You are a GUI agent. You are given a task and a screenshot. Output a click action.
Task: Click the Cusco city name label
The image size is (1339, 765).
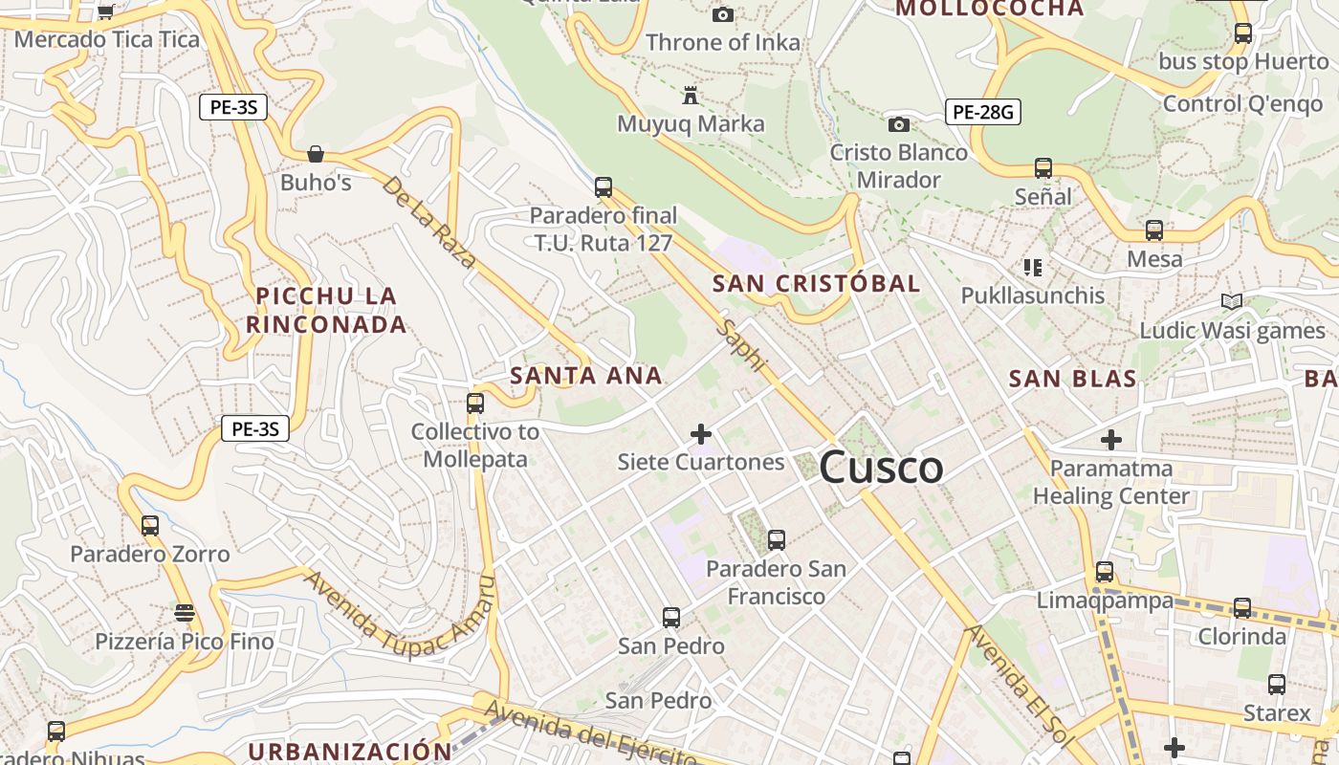[x=881, y=468]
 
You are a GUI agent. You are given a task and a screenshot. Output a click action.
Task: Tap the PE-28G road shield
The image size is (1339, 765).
[x=983, y=112]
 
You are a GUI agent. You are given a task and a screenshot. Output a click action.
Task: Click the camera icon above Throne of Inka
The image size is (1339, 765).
[x=723, y=14]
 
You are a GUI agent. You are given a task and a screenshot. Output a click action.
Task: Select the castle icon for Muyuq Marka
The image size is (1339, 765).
[x=690, y=95]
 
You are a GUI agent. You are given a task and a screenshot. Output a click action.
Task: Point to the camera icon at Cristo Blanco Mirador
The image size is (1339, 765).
[x=898, y=124]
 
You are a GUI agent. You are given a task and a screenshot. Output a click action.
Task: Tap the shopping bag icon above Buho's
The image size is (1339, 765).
[x=316, y=154]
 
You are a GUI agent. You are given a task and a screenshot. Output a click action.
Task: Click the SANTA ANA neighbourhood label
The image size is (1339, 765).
[x=586, y=376]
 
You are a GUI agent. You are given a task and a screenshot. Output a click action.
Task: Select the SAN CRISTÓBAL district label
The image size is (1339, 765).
[x=816, y=283]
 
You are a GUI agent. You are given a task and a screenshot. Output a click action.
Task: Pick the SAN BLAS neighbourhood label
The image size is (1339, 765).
[x=1073, y=379]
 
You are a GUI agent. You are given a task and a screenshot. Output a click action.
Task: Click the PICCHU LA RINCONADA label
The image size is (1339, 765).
[x=326, y=310]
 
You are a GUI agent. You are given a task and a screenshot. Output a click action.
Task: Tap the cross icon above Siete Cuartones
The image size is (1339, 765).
[x=701, y=434]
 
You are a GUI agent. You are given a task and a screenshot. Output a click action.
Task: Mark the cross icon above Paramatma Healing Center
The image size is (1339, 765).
[x=1110, y=440]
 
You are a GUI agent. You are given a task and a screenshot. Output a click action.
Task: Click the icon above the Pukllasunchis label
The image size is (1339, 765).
[x=1032, y=267]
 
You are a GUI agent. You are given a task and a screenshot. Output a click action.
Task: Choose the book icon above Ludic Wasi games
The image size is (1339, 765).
[x=1232, y=302]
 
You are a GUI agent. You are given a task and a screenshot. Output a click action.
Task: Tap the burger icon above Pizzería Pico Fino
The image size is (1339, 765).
[x=184, y=612]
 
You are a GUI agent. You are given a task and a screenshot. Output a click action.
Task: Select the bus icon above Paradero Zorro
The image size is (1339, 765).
[x=150, y=525]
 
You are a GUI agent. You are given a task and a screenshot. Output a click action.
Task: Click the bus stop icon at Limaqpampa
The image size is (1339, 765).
[x=1105, y=572]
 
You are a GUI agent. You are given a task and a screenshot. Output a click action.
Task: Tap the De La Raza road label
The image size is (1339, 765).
[x=428, y=222]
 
